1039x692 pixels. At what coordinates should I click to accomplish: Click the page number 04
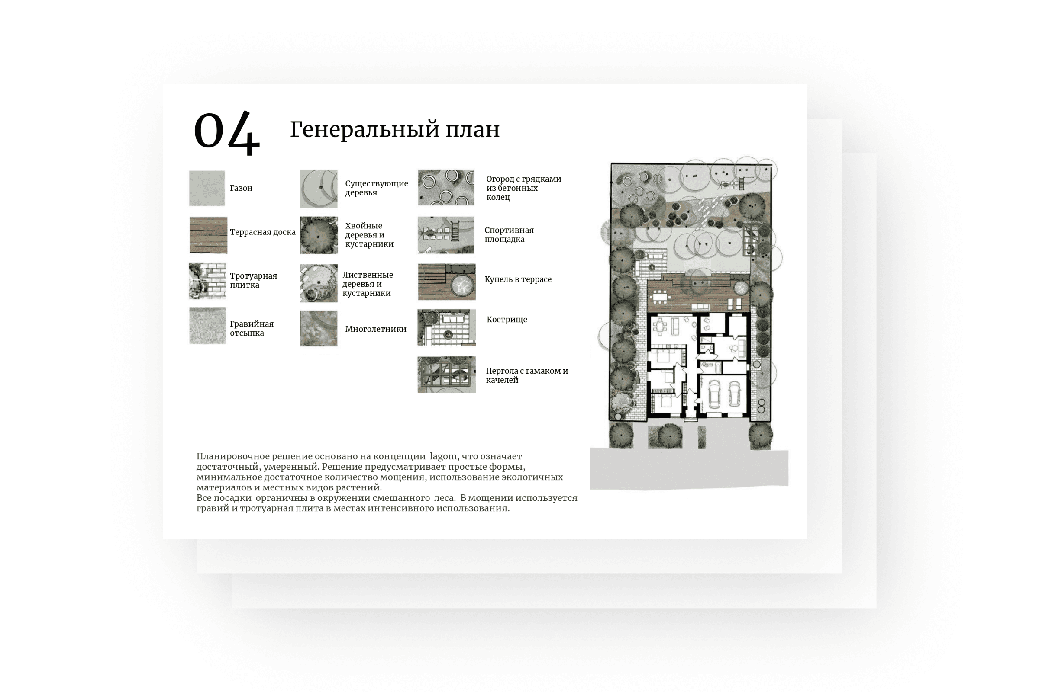coord(226,132)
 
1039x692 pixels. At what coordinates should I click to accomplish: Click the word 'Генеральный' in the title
coord(365,130)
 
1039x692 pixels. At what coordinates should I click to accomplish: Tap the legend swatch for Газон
coord(207,188)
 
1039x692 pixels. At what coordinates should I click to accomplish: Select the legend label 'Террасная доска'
coord(262,232)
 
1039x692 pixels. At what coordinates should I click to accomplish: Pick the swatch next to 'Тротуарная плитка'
coord(207,281)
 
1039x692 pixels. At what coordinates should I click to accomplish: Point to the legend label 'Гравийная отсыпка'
coord(252,328)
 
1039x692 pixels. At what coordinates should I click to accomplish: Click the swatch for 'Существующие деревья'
coord(319,189)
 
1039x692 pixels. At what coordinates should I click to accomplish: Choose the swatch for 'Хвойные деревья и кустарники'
coord(319,235)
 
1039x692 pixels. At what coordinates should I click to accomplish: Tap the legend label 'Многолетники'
coord(375,329)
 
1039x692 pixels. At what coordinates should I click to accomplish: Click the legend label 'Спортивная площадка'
coord(509,235)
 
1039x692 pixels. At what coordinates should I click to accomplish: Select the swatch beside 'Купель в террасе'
coord(447,282)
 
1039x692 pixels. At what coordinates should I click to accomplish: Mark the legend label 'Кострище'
coord(507,320)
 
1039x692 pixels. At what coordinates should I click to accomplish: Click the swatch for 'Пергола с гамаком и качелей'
coord(447,375)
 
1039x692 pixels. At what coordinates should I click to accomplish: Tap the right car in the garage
coord(734,393)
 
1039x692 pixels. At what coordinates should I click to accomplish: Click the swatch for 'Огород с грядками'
coord(446,188)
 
